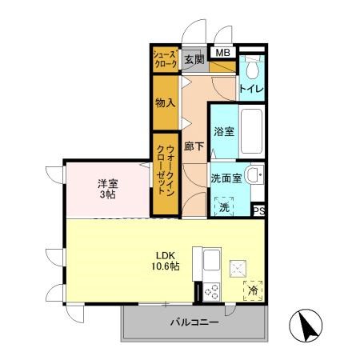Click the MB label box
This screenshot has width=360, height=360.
point(223,54)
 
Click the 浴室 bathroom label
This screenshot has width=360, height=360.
point(224,130)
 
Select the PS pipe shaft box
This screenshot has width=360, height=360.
point(258,210)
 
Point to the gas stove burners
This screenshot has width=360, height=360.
point(211,292)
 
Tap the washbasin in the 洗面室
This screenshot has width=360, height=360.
point(253,176)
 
